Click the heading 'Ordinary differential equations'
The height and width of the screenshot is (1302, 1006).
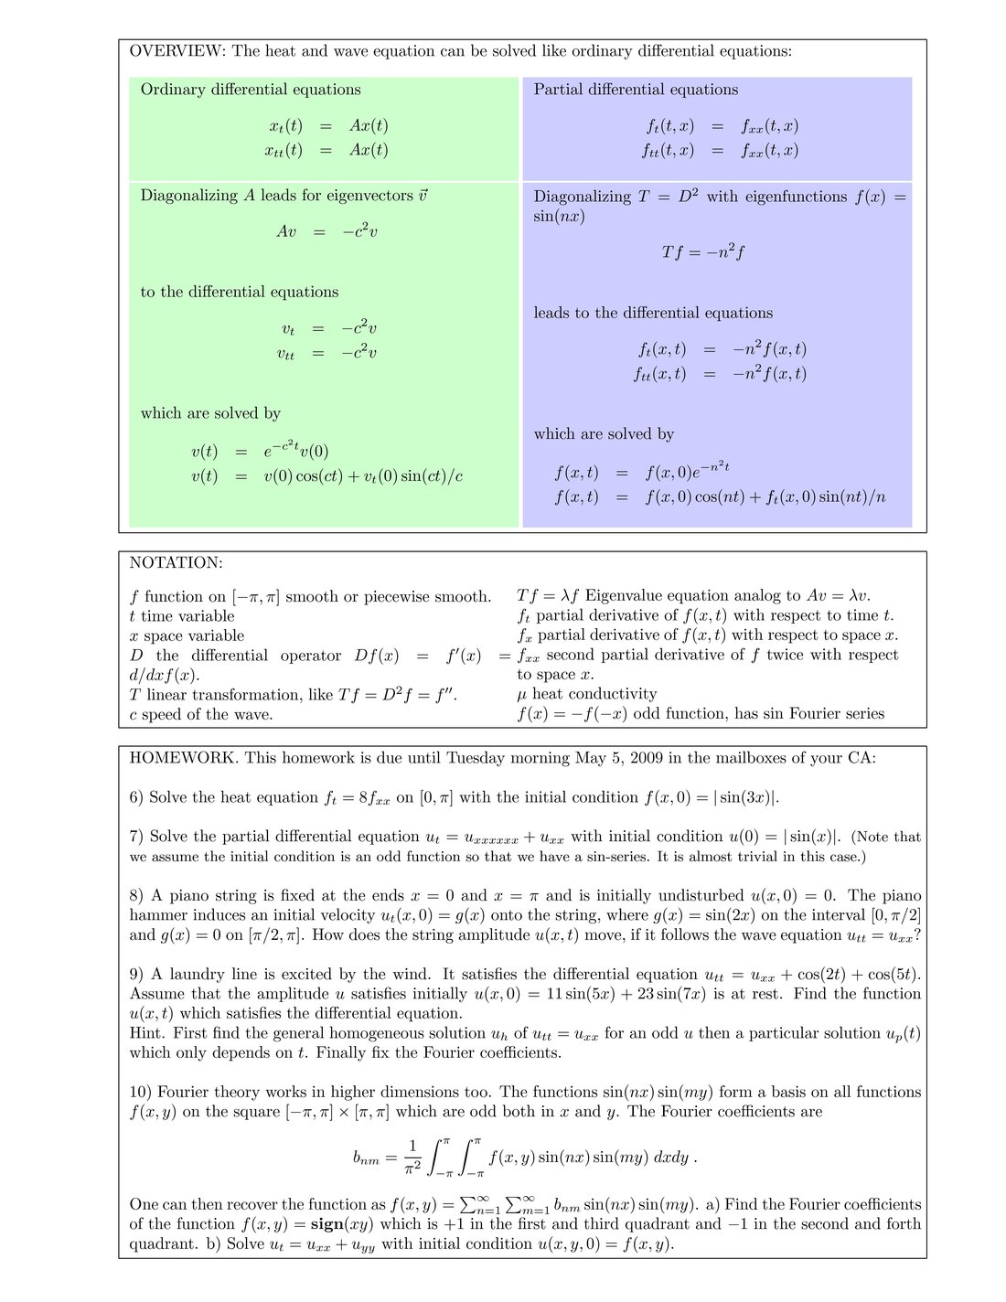[251, 90]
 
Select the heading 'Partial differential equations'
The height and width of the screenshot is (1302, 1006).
[636, 90]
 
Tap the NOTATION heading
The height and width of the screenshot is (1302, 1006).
[176, 563]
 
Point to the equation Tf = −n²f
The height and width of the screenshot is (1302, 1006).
[702, 252]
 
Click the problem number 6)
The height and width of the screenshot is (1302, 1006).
[136, 797]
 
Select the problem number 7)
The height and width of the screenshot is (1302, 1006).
[136, 837]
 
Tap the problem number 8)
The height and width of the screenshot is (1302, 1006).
[136, 896]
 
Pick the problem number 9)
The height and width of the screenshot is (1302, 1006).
[136, 975]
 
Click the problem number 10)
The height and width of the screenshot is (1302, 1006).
[140, 1093]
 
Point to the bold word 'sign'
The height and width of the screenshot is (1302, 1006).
[329, 1224]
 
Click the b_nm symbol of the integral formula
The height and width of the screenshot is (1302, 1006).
[366, 1158]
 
